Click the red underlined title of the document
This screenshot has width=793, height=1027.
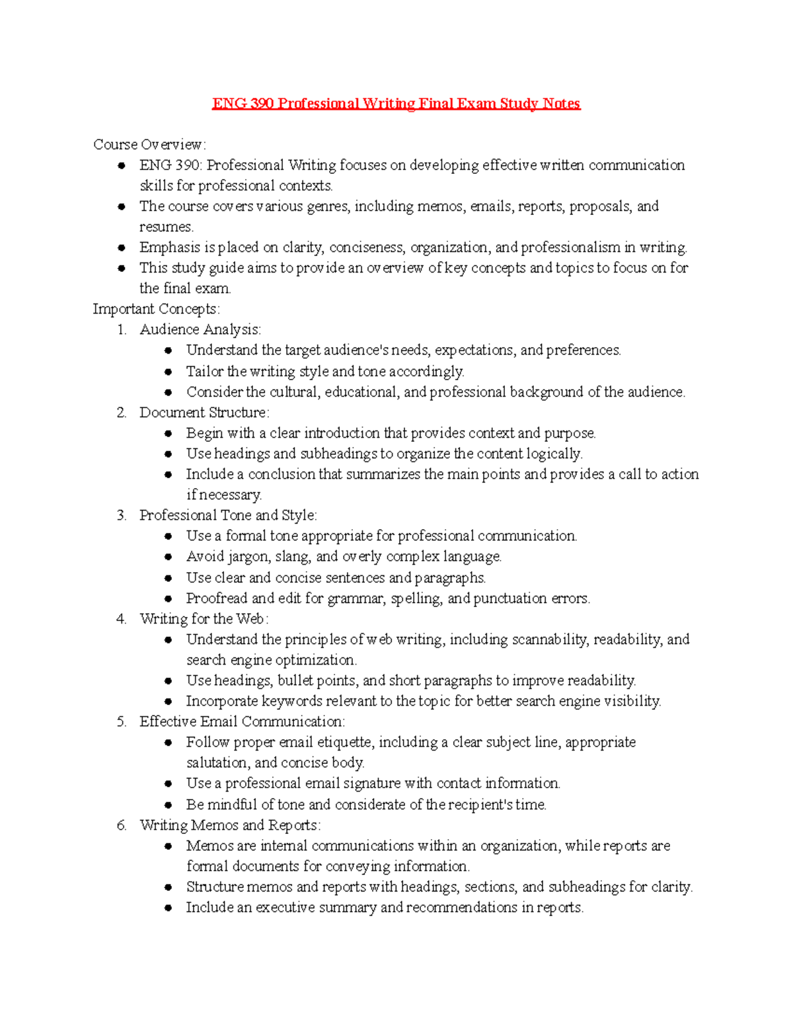[x=396, y=104]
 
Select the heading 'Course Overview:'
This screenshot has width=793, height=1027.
[x=149, y=144]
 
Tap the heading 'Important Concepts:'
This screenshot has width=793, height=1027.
[x=156, y=309]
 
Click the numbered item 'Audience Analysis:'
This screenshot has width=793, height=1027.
[x=200, y=329]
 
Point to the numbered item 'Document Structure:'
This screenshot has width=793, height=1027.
[x=204, y=413]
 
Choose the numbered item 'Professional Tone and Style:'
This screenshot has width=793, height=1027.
[x=228, y=515]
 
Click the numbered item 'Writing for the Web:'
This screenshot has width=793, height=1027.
[x=204, y=619]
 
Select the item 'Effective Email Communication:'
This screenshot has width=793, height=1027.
[x=242, y=721]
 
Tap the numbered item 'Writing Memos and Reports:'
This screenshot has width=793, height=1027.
[x=230, y=825]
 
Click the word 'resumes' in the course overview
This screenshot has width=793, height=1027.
[x=165, y=227]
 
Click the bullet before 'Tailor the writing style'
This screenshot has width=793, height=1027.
[x=169, y=372]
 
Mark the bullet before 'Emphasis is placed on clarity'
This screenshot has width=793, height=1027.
[x=122, y=248]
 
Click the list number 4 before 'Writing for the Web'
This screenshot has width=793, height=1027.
[x=121, y=619]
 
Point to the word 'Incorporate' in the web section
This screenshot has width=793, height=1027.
[x=221, y=701]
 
